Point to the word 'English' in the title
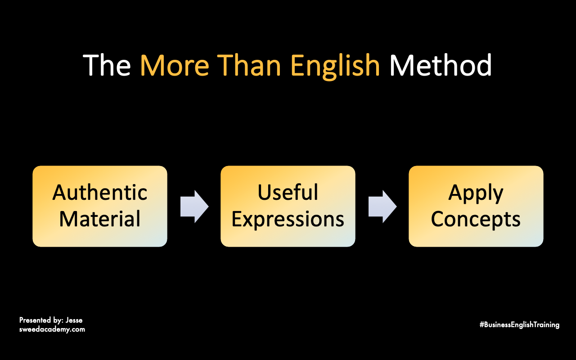pos(335,67)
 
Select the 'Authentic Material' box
pos(100,206)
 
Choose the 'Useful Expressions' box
pos(288,206)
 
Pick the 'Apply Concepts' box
pos(476,206)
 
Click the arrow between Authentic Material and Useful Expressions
pos(194,207)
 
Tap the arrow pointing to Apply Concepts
pos(382,207)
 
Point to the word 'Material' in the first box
pos(100,219)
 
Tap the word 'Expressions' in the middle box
pos(288,220)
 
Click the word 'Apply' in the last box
pos(476,193)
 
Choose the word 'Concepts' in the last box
pos(476,220)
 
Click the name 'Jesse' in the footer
pos(74,320)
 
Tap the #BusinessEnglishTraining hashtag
pos(519,325)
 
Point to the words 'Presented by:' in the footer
pos(41,320)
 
